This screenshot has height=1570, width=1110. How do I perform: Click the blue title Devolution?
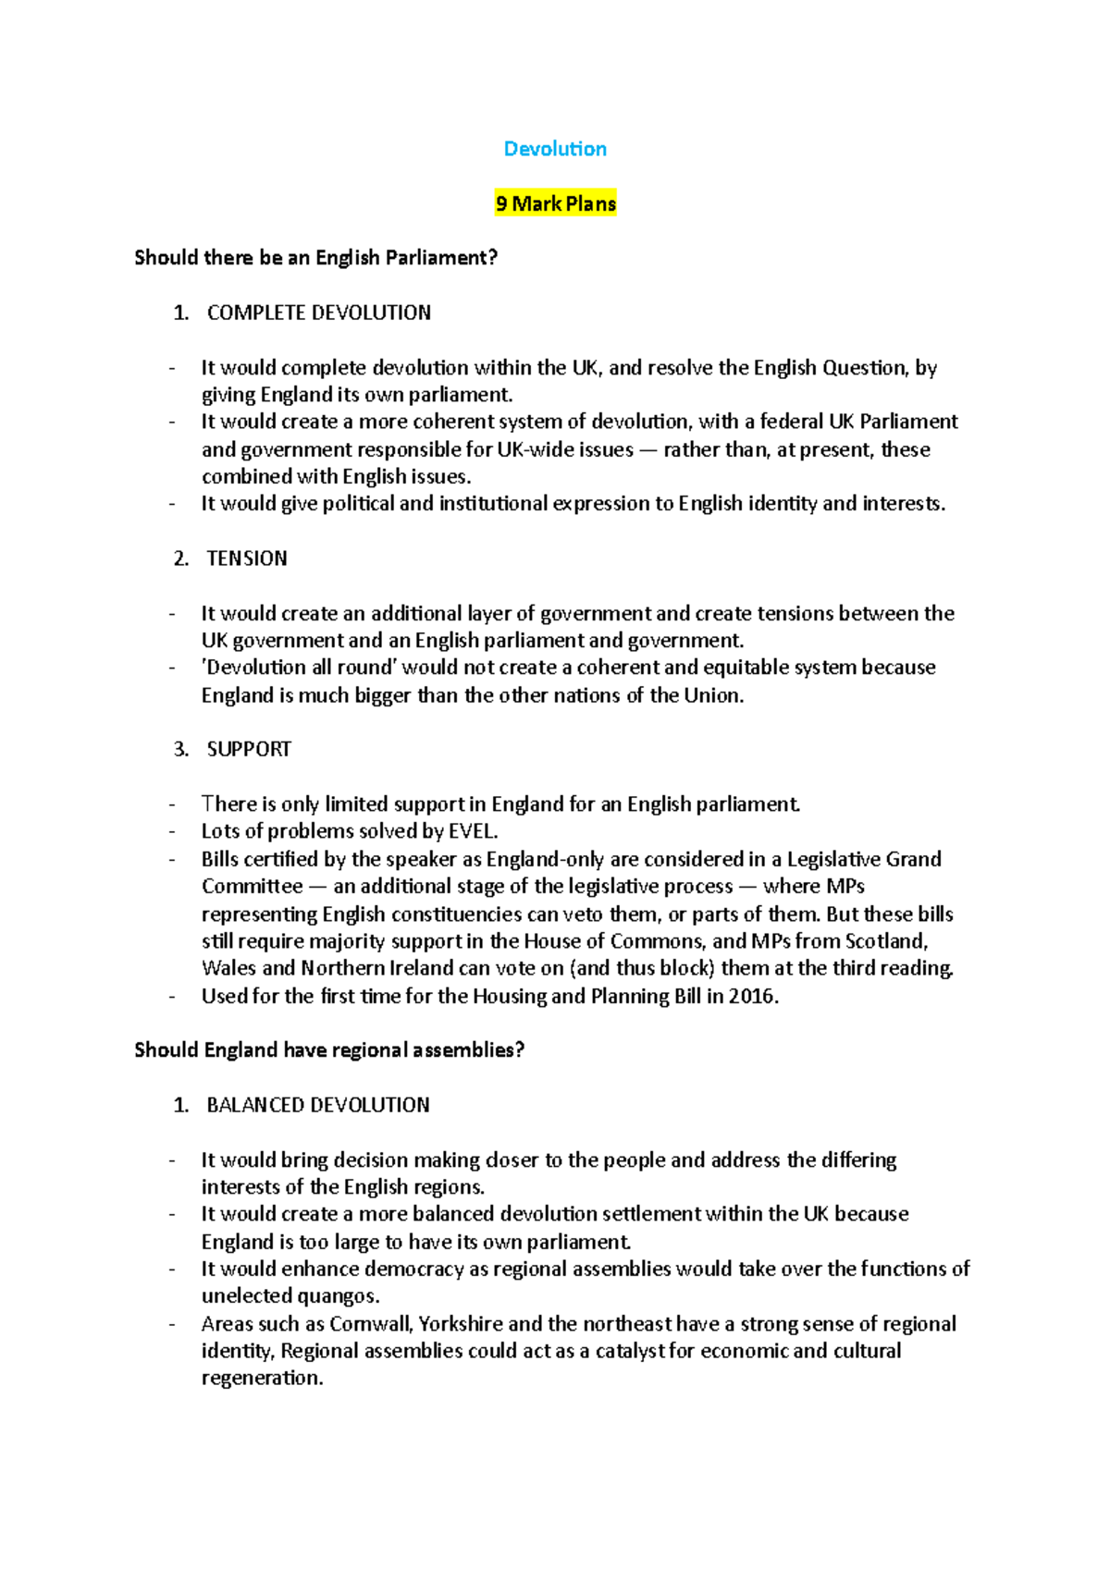(555, 149)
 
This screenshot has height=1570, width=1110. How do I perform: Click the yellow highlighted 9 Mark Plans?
(555, 203)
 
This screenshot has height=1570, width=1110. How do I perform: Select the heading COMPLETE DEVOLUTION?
(318, 313)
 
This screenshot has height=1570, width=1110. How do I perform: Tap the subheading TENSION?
(246, 558)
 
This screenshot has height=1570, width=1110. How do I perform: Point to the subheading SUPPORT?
(248, 749)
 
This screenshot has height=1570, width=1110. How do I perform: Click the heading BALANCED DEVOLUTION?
(317, 1105)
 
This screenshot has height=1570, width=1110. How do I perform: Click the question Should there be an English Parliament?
(315, 258)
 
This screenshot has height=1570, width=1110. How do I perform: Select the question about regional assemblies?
(328, 1050)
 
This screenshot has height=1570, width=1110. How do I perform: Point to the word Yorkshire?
(461, 1324)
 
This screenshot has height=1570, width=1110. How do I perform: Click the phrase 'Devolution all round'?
(299, 668)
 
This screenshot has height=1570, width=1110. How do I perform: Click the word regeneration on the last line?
(261, 1379)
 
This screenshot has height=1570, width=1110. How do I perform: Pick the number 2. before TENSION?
(181, 558)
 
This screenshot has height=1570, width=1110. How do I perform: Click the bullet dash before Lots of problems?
(172, 831)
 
